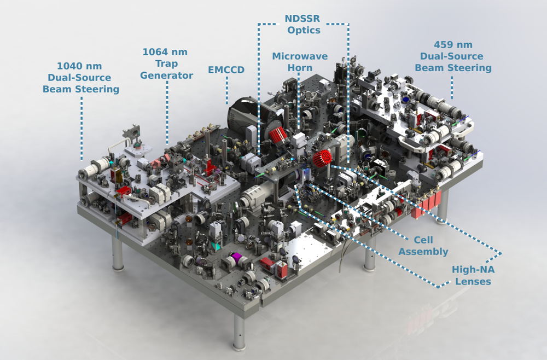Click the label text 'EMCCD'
coord(226,70)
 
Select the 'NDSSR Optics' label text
coord(302,24)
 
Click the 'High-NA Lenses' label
coord(471,276)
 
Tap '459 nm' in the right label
coord(453,44)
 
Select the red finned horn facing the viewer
coord(321,159)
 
